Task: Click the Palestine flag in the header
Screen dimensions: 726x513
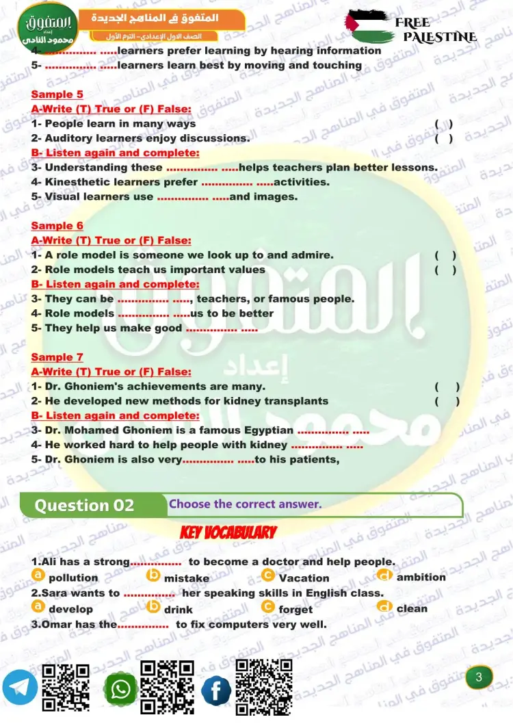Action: point(369,26)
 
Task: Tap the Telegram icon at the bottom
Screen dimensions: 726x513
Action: point(20,687)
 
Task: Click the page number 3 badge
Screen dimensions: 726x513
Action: point(479,677)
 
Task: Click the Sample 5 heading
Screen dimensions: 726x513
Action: point(57,94)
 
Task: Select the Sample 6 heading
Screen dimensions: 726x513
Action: point(57,226)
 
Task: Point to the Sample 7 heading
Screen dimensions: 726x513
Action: point(57,357)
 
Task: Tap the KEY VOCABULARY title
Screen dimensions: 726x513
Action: point(228,532)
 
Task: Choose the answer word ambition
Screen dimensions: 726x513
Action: point(421,578)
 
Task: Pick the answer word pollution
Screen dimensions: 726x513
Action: point(73,578)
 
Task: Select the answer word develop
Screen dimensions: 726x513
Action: point(70,609)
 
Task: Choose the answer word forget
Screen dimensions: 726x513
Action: point(295,609)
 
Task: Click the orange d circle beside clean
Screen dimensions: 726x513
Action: point(384,607)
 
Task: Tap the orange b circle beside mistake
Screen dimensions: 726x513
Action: point(154,576)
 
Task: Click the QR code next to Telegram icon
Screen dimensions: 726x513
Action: point(66,687)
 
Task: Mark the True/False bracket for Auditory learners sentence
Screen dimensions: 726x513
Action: point(444,138)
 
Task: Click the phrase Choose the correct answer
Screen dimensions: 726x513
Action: point(245,504)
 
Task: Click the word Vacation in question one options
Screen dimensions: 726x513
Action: point(304,578)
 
